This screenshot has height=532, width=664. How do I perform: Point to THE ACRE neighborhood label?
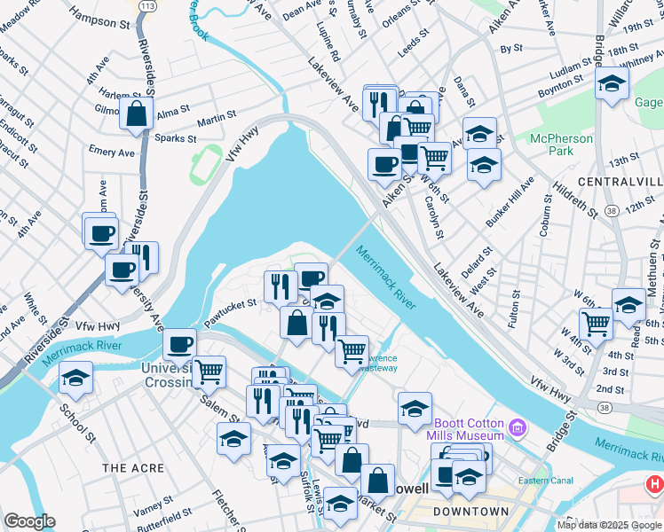[133, 467]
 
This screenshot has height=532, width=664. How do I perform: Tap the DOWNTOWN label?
[470, 512]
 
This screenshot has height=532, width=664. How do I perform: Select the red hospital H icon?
[654, 486]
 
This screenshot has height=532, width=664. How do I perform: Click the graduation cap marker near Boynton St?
[613, 84]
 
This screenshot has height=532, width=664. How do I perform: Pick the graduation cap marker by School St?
[76, 378]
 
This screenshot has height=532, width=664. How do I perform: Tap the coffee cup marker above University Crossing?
[179, 343]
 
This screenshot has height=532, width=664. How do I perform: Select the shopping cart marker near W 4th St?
[596, 324]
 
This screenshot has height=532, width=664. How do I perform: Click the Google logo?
[29, 521]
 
